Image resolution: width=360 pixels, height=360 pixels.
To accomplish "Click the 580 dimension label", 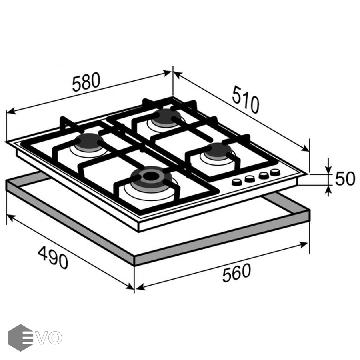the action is (86, 82).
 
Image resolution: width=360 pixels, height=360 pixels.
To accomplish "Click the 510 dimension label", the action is (246, 100).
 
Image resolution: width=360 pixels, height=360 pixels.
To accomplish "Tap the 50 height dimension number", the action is (345, 179).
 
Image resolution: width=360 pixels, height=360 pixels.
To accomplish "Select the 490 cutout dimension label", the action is (53, 257).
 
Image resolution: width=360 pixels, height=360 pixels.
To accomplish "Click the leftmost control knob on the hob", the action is (236, 182).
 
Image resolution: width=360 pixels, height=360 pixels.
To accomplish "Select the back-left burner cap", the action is (89, 141).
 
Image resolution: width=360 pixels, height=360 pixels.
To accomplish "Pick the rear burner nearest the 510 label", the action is (166, 117).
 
